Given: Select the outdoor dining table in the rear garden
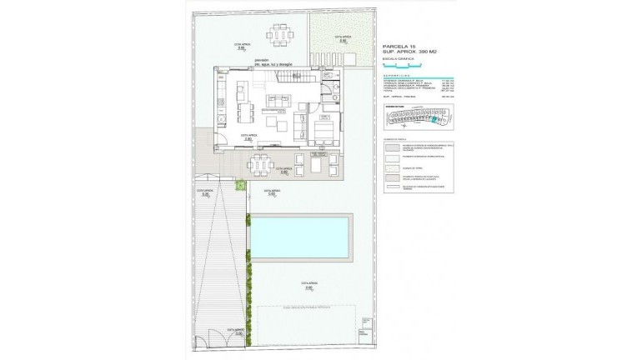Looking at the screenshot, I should point(279,38).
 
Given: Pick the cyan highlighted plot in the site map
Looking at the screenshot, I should point(434,122).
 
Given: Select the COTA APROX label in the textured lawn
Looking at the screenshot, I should point(340,38).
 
